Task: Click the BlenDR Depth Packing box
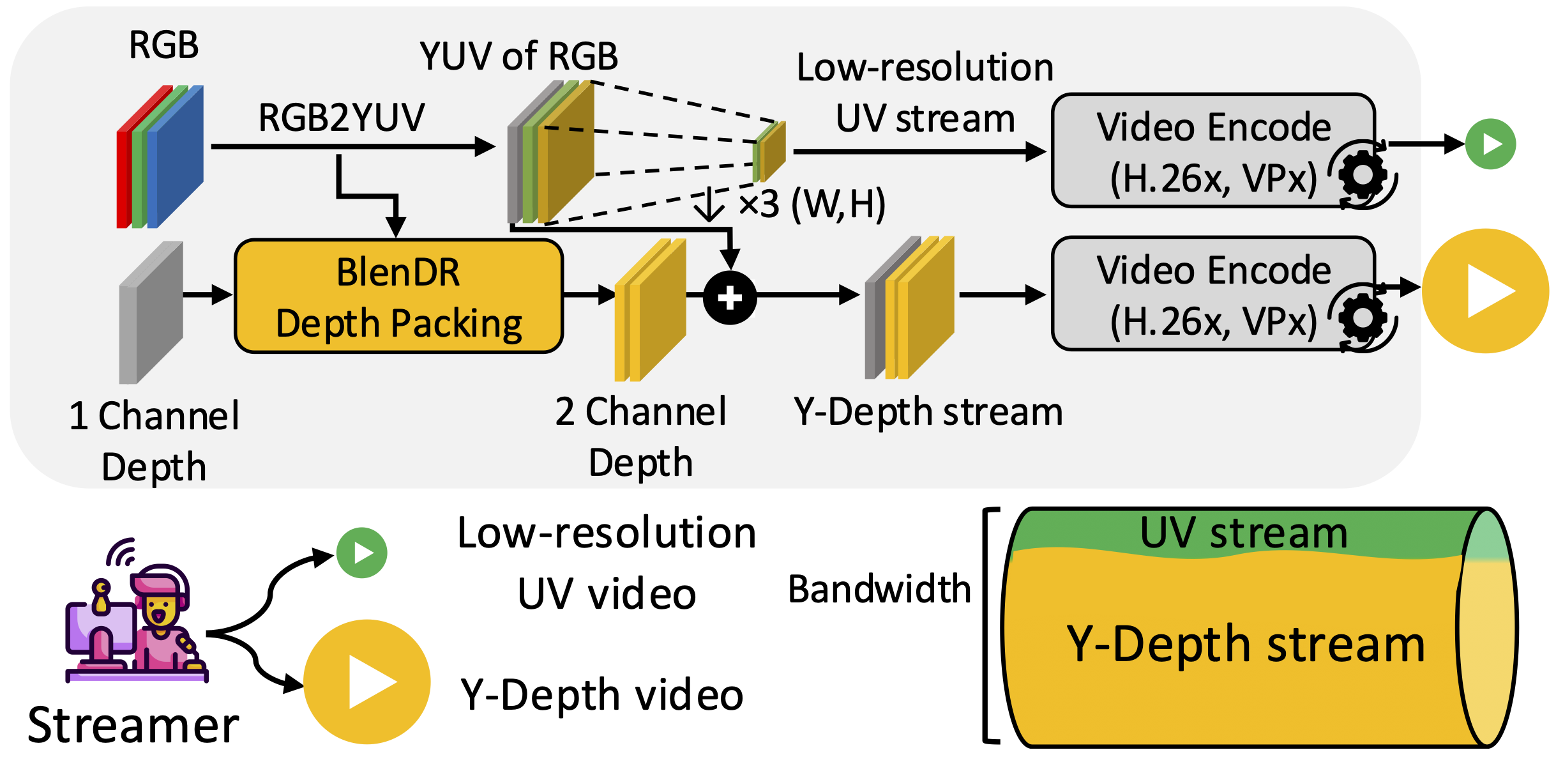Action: coord(398,296)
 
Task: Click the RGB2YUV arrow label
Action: coord(341,118)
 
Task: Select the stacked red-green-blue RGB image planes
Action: coord(160,157)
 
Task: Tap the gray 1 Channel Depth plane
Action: coord(151,313)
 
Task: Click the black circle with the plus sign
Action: coord(730,298)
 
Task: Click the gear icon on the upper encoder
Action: coord(1363,174)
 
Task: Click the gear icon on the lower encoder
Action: coord(1363,317)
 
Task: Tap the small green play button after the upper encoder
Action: coord(1490,144)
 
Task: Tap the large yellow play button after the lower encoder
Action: coord(1485,291)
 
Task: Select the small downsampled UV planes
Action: coord(769,151)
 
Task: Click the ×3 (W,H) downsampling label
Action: coord(811,204)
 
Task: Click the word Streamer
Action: coord(133,726)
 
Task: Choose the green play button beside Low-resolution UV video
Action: coord(362,553)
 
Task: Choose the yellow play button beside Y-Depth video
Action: coord(367,682)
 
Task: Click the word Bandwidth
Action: coord(879,589)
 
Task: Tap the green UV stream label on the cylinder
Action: coord(1243,533)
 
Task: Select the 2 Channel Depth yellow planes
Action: coord(650,310)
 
